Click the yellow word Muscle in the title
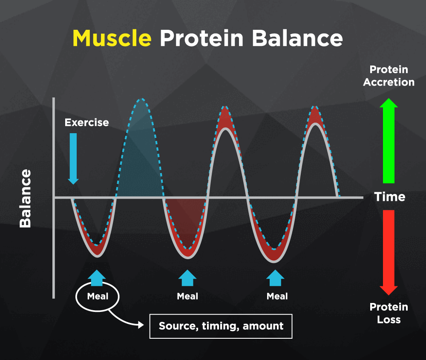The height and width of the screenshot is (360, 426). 112,38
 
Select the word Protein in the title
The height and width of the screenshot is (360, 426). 201,38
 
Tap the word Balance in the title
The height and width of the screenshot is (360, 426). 297,38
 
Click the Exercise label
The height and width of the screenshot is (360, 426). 86,123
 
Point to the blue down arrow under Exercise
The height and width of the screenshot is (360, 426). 73,158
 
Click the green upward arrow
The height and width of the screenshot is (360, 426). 389,140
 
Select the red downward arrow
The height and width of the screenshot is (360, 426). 389,253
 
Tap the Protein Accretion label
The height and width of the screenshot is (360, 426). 389,76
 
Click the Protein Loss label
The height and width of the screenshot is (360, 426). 389,313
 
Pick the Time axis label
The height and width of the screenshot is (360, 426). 390,197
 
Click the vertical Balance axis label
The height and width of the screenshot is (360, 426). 26,198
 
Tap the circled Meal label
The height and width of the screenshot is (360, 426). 98,296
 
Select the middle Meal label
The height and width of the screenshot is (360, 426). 187,296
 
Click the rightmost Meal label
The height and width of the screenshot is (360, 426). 277,296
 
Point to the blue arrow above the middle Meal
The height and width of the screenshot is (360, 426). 187,278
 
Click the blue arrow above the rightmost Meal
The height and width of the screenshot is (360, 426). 275,278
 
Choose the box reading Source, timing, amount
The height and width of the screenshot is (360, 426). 221,326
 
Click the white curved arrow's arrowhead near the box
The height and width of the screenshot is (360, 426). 141,324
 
